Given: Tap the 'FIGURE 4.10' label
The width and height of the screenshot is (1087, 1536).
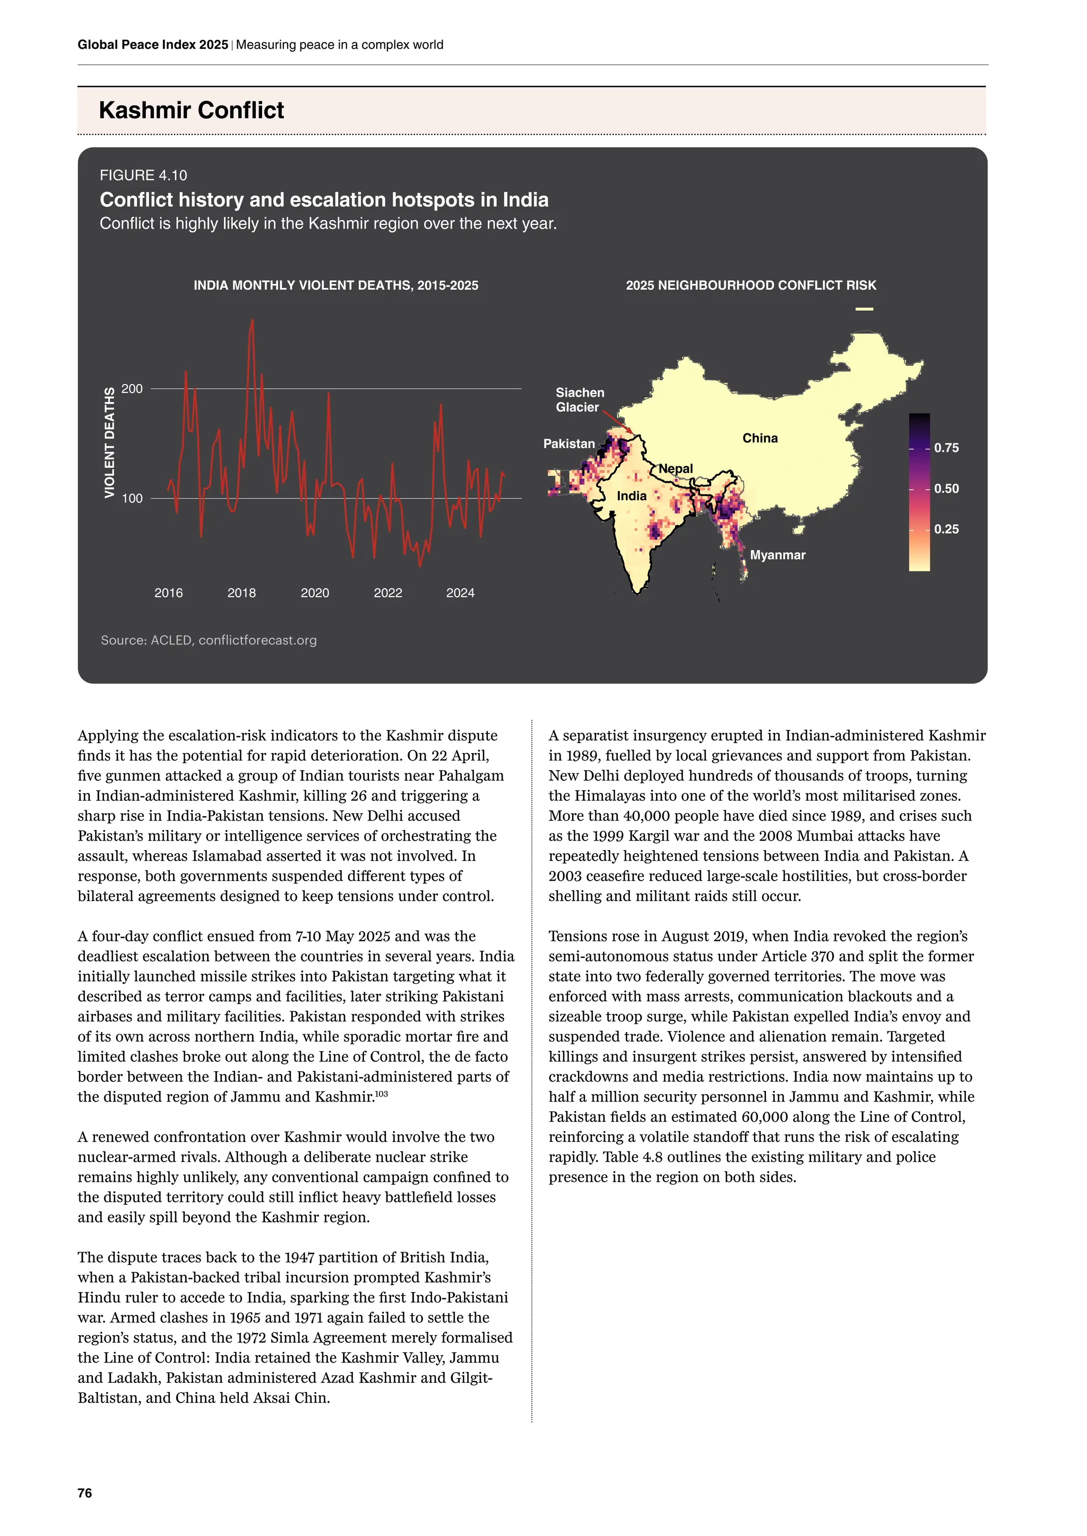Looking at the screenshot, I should pyautogui.click(x=143, y=175).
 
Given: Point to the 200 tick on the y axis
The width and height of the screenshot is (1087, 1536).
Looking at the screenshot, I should pyautogui.click(x=132, y=389).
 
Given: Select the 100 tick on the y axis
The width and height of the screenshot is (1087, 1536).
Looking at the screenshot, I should pyautogui.click(x=132, y=499).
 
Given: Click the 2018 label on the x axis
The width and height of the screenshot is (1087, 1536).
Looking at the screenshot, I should pyautogui.click(x=241, y=593).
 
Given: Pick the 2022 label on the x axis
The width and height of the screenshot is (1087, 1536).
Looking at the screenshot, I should pyautogui.click(x=387, y=593).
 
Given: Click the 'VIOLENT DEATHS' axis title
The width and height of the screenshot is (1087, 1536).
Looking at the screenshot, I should pyautogui.click(x=109, y=442).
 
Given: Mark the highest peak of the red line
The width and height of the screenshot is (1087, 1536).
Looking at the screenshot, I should pyautogui.click(x=252, y=320).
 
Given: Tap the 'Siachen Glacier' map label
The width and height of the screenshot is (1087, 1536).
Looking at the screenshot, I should pyautogui.click(x=580, y=400).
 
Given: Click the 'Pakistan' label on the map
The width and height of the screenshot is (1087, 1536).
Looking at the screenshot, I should pyautogui.click(x=568, y=443).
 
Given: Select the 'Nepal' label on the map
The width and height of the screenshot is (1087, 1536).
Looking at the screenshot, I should pyautogui.click(x=676, y=468).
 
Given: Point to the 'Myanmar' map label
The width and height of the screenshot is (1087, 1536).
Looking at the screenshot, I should pyautogui.click(x=777, y=555).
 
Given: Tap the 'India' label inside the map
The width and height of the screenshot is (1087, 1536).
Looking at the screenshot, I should pyautogui.click(x=631, y=496).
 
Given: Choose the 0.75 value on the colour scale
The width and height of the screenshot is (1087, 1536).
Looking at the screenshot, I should pyautogui.click(x=946, y=448).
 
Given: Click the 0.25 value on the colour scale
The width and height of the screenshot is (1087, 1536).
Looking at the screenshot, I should pyautogui.click(x=946, y=529).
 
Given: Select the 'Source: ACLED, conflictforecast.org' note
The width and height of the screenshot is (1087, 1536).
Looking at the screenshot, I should pyautogui.click(x=209, y=640).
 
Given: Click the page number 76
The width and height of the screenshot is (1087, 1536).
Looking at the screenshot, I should pyautogui.click(x=85, y=1493).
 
